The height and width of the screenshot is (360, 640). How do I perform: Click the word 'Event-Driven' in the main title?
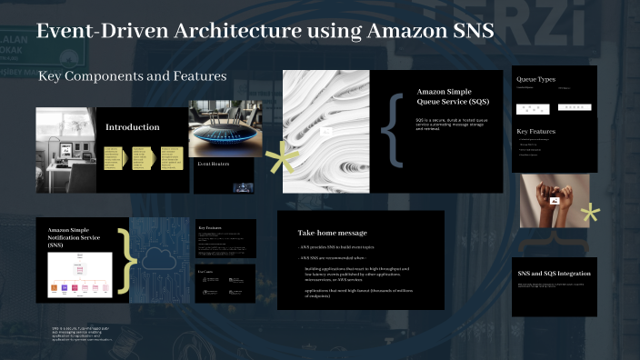95,31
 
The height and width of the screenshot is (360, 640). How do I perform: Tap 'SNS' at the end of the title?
472,31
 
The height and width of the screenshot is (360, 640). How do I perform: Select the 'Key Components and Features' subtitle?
132,76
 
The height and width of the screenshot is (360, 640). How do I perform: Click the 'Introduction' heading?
132,126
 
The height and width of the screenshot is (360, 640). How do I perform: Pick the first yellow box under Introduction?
114,157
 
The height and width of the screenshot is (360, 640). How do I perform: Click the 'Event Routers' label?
214,164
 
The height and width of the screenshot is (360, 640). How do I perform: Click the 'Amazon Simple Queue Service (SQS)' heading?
447,96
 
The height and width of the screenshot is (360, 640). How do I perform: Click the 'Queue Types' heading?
535,79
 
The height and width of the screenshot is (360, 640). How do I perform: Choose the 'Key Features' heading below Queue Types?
535,132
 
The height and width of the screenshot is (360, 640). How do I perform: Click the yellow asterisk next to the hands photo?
591,215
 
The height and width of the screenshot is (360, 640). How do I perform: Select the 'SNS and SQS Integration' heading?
554,274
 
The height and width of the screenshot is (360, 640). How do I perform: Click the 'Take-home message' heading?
333,233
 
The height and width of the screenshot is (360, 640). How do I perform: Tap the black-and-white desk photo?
65,149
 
